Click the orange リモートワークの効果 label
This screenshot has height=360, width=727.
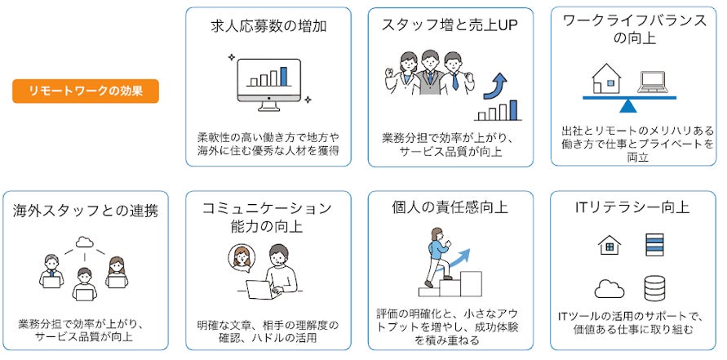click(x=86, y=91)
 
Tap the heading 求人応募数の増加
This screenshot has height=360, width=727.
click(x=268, y=26)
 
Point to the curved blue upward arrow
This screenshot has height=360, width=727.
click(x=499, y=84)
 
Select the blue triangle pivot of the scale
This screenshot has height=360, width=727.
click(x=628, y=104)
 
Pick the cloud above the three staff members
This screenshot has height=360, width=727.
click(x=84, y=242)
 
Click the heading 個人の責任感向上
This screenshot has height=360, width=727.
click(x=450, y=208)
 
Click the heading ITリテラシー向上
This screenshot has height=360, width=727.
click(x=632, y=208)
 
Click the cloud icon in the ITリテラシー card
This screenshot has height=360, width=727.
click(x=610, y=288)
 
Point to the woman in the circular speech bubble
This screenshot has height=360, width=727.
click(x=242, y=257)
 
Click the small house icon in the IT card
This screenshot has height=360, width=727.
click(x=609, y=245)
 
